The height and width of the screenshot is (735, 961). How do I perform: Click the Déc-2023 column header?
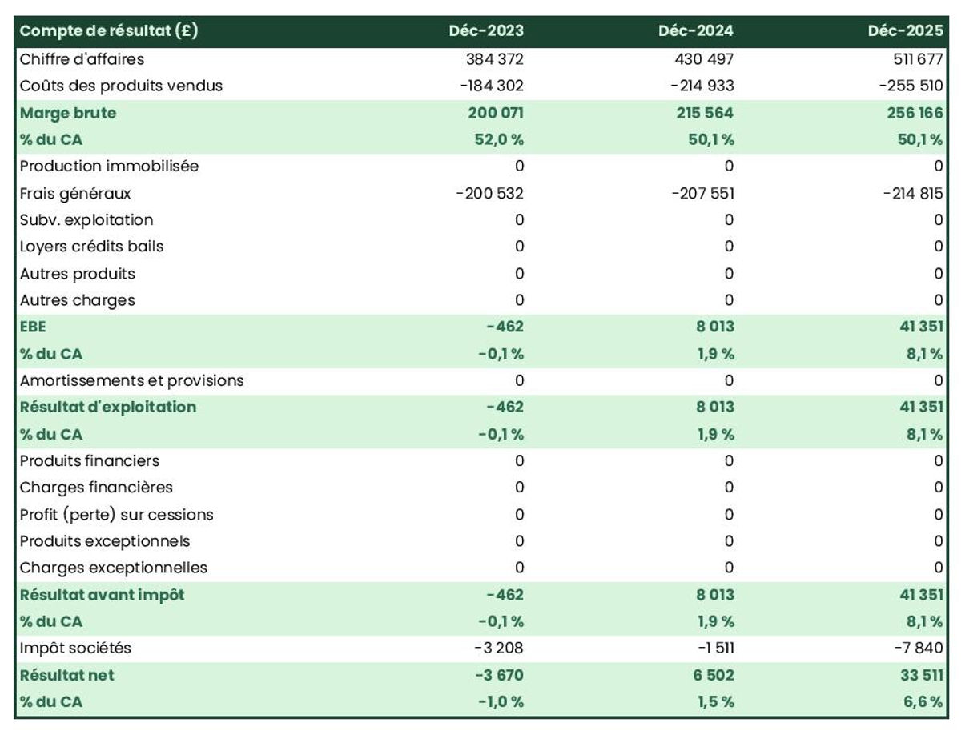[486, 30]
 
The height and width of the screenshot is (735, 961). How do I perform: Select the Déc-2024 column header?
[696, 30]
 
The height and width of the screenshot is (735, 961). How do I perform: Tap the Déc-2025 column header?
[906, 30]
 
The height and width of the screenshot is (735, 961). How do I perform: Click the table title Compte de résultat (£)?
[109, 30]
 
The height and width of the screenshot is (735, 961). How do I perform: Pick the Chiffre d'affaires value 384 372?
[495, 59]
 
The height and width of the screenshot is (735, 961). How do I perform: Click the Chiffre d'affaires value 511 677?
[918, 59]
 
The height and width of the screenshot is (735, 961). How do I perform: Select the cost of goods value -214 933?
[702, 86]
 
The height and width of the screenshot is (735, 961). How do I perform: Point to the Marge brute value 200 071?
[496, 113]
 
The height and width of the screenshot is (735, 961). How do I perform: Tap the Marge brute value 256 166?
[915, 113]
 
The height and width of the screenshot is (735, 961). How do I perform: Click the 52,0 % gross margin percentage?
[499, 139]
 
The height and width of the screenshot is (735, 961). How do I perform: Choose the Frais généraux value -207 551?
[702, 194]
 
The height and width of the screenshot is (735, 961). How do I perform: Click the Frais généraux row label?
[75, 194]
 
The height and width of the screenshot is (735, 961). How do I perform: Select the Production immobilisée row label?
[109, 167]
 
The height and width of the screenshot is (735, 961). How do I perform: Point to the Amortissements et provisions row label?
[132, 380]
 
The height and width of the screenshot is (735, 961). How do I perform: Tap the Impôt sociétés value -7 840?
[918, 648]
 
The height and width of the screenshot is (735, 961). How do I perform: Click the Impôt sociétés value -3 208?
[499, 648]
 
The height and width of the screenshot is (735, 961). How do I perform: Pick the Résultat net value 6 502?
[714, 675]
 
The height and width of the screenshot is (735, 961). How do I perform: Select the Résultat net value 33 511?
[922, 675]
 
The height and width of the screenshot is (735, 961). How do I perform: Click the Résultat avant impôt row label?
[102, 595]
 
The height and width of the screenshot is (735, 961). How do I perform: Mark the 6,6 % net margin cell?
[923, 701]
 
